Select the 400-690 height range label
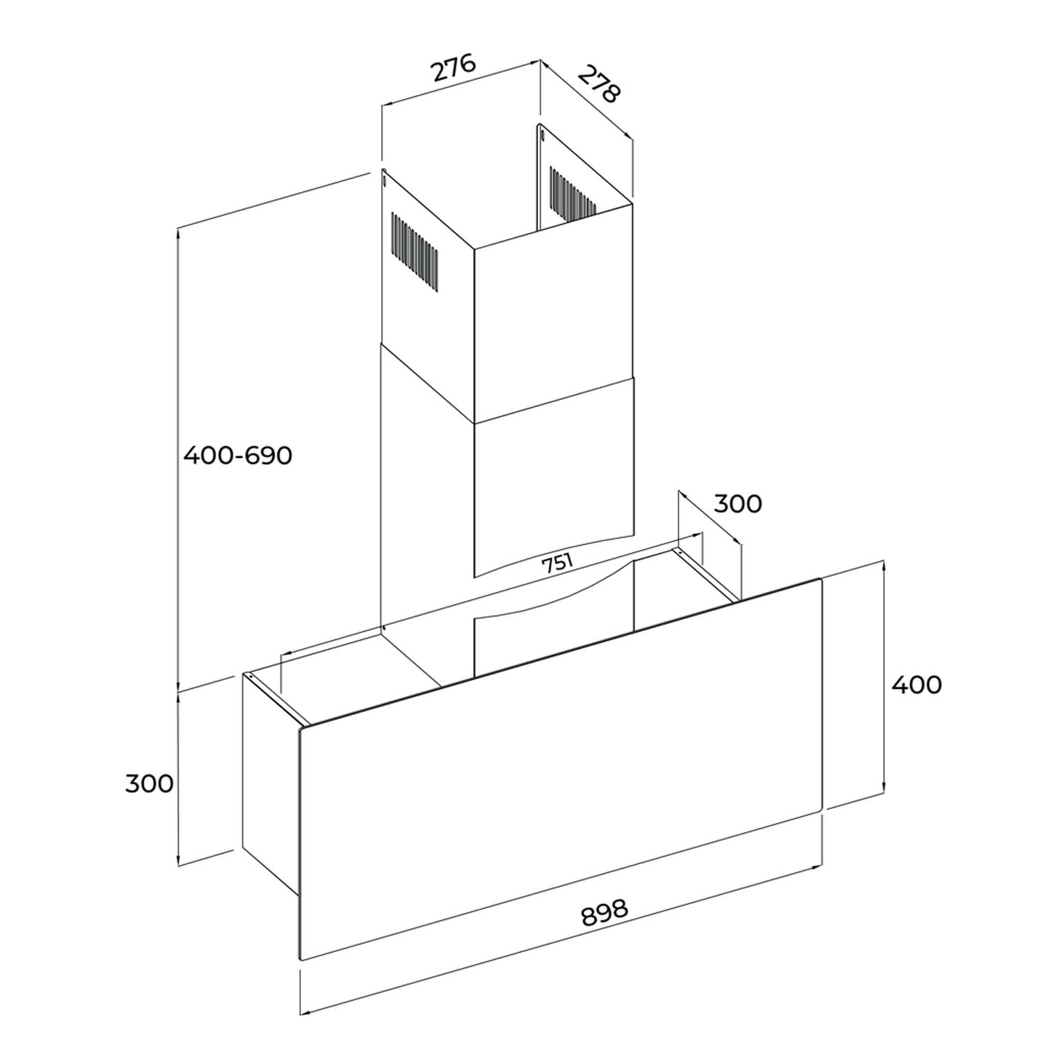tap(237, 456)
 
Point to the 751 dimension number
tap(558, 562)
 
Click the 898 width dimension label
tap(604, 912)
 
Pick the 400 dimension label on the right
tap(916, 684)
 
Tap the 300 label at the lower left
tap(149, 783)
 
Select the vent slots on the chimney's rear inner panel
tap(572, 192)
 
